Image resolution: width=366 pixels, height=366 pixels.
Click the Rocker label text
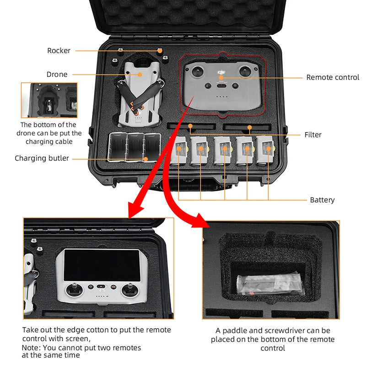coord(59,51)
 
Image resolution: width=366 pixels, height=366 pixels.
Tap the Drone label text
coord(57,74)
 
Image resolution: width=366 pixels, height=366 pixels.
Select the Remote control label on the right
coord(333,77)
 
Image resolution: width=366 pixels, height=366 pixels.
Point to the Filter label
coord(313,135)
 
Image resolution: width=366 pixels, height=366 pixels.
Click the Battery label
coord(322,200)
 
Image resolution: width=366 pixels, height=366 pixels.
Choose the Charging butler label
coord(42,158)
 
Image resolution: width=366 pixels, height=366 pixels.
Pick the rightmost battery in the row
coord(268,150)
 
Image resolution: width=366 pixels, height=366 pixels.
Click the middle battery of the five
coord(224,150)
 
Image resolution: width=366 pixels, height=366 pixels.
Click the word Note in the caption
coord(32,347)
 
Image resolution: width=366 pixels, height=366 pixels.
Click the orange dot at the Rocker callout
coord(160,50)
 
